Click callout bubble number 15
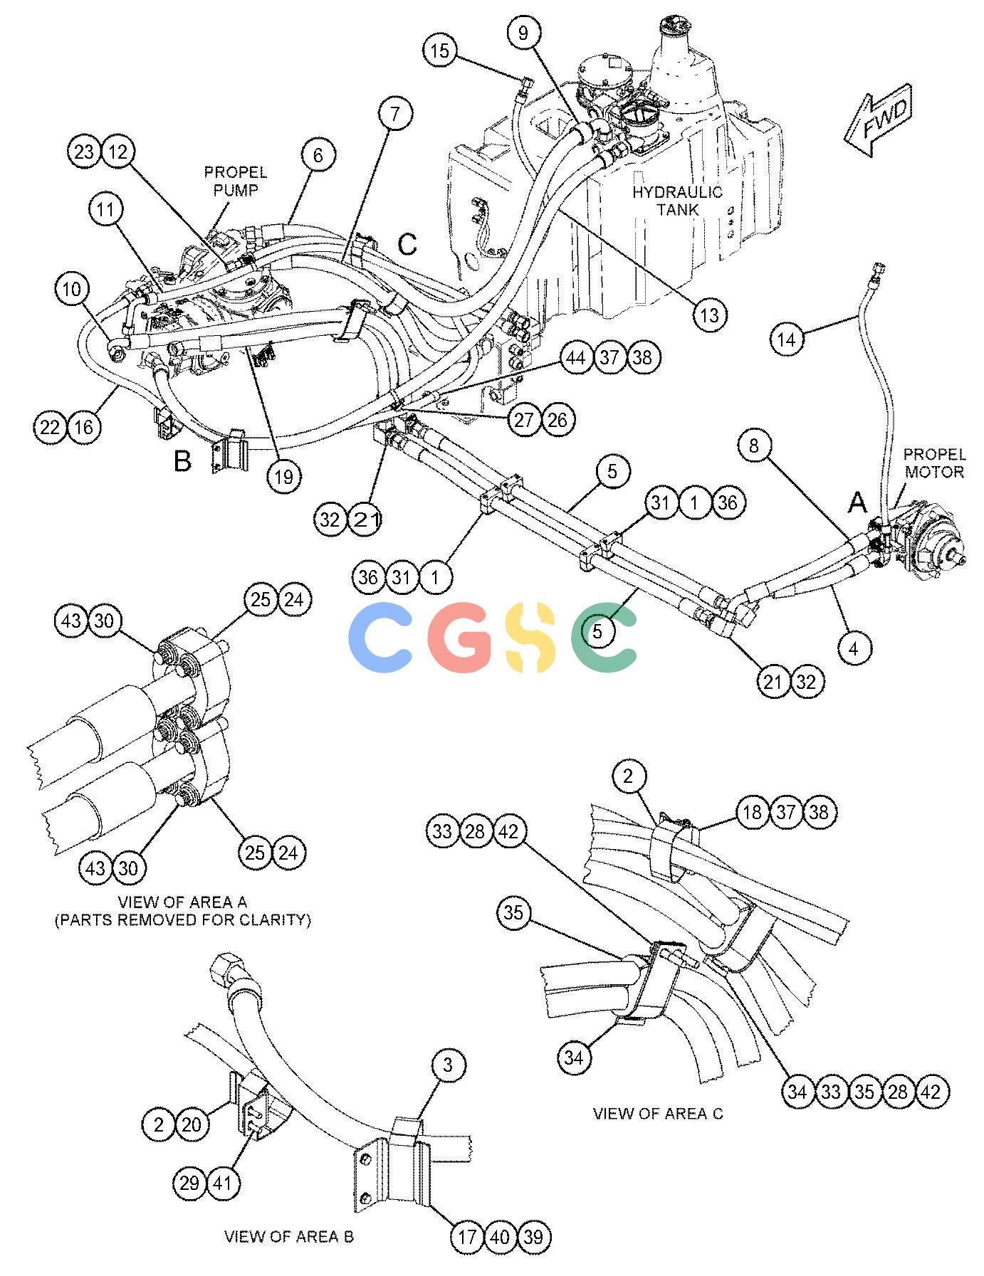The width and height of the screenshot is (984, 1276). [441, 51]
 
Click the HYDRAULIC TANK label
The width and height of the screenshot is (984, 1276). [677, 201]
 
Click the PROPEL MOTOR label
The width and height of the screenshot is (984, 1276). [934, 463]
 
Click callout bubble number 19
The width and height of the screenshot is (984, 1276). [283, 476]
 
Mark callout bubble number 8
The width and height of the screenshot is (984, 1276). [754, 445]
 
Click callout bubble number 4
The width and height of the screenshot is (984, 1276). [854, 648]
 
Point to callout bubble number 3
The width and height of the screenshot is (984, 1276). [447, 1065]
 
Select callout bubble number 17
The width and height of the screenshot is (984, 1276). [467, 1237]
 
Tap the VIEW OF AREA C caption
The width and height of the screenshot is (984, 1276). [658, 1114]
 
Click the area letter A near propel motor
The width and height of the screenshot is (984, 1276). [858, 503]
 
